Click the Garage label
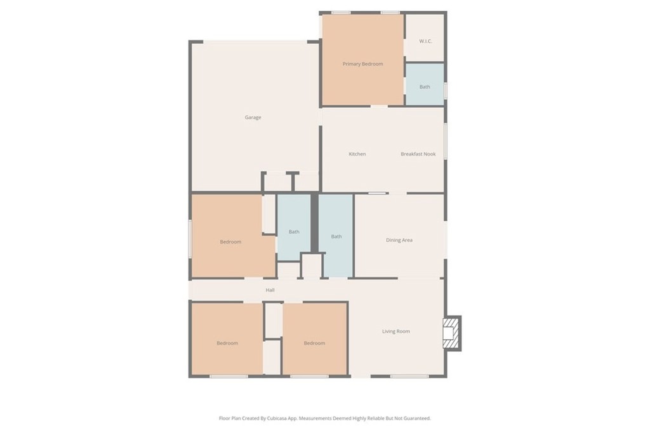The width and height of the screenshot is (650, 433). point(253,117)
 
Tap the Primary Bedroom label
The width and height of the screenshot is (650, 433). point(362,64)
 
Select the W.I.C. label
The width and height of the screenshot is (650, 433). point(425,41)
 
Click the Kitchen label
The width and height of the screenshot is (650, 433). point(357,154)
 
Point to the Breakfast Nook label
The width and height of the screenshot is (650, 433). point(418,154)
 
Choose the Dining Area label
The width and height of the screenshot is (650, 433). point(399,240)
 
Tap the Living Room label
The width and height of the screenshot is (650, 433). point(396,331)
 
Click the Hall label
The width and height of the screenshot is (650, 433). point(270,290)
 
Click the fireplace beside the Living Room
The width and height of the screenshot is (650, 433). point(452,333)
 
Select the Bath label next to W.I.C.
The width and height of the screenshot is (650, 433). point(425,87)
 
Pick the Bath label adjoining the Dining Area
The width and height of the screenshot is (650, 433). point(336,236)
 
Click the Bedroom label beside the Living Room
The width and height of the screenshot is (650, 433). point(314,343)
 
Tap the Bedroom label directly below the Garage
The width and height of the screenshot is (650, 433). point(230,242)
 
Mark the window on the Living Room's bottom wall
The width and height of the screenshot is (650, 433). point(409,377)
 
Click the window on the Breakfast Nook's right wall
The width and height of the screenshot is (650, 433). point(446,141)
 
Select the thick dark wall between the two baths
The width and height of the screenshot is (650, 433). point(315,223)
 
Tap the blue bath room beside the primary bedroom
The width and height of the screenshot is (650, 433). point(425,84)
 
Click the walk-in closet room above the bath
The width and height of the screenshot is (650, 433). point(425,37)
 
